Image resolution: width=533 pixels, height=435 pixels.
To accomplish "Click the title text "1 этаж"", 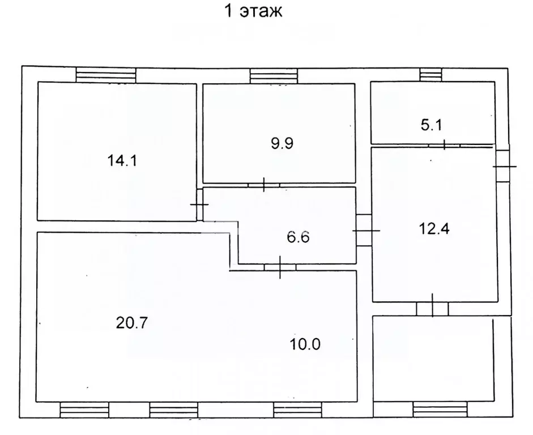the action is tap(253, 11).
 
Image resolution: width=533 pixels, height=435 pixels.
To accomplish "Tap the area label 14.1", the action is tap(122, 160).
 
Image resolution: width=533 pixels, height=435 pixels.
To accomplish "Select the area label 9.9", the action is tap(282, 143).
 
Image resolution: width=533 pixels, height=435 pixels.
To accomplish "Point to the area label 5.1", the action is tap(432, 125).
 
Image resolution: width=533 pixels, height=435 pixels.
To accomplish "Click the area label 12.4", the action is tap(434, 228).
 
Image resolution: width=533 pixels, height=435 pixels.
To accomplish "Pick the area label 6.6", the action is tap(298, 237).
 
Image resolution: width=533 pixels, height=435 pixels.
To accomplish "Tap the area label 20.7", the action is tap(132, 322).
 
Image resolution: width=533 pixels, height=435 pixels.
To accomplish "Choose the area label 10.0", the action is tap(305, 344).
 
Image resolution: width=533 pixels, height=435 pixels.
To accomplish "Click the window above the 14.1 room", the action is tap(106, 75).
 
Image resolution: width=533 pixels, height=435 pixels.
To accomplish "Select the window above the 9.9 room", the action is tap(274, 76).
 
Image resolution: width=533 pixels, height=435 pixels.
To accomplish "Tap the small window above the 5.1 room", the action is tap(430, 74).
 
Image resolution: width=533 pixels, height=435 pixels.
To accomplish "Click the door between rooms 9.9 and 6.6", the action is tap(264, 185).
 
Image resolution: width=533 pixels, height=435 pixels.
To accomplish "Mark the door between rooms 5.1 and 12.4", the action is tap(444, 145).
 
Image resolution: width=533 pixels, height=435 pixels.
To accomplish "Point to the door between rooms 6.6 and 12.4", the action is tap(364, 231).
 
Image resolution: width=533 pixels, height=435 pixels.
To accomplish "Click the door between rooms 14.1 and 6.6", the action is tap(200, 204).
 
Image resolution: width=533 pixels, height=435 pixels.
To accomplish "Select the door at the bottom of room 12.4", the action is tap(432, 309).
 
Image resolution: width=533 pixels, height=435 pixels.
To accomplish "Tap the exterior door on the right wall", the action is tap(503, 167).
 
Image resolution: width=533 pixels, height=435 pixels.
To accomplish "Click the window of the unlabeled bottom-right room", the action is tap(440, 409).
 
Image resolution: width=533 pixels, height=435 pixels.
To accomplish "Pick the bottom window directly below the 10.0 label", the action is tap(297, 410).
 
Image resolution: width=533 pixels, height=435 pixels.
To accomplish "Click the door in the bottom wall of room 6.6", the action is tap(280, 267).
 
